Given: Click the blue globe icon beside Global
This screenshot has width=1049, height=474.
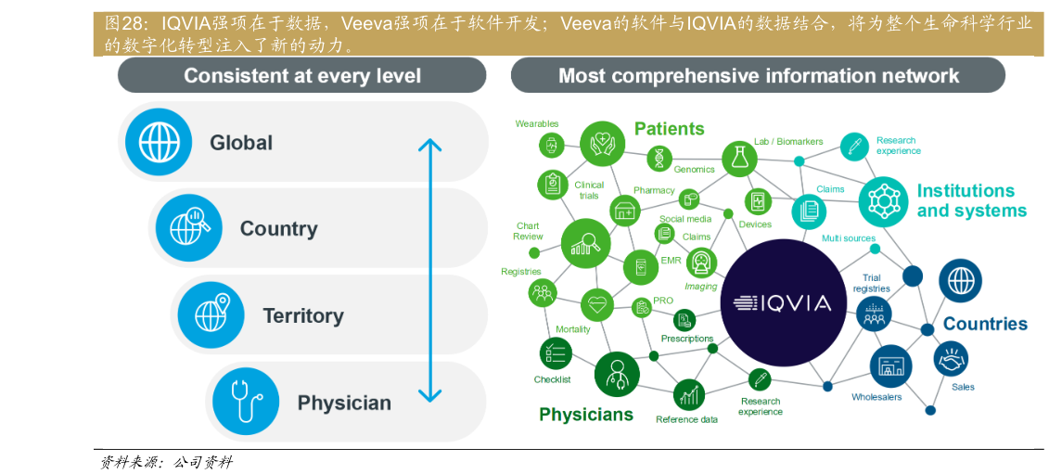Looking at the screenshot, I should (x=159, y=142).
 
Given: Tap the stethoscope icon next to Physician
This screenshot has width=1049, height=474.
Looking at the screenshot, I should (x=246, y=402).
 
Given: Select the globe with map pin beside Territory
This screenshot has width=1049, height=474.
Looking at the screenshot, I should (x=211, y=314).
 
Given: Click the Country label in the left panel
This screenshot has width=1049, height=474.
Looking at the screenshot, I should (x=278, y=228).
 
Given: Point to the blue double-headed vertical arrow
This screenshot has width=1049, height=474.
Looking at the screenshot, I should (x=429, y=271).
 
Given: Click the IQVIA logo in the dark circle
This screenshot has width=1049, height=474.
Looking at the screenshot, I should (x=782, y=302).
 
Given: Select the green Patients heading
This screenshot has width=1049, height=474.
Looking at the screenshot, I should (x=669, y=129).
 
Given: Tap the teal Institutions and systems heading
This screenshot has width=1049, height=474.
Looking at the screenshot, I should (x=971, y=200).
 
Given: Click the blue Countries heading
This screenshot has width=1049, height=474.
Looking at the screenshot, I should (x=985, y=324).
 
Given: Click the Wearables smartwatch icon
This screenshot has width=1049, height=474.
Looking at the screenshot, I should (x=552, y=145).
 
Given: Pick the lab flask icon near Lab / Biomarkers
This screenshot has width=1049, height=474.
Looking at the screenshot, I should (x=739, y=159).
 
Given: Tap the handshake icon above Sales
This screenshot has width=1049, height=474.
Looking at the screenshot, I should (x=951, y=358).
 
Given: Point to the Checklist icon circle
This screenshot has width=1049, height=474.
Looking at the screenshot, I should (x=556, y=353).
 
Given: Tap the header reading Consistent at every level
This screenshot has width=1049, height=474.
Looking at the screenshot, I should (x=301, y=76).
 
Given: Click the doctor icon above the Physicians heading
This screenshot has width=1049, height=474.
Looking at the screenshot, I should (x=616, y=374).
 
